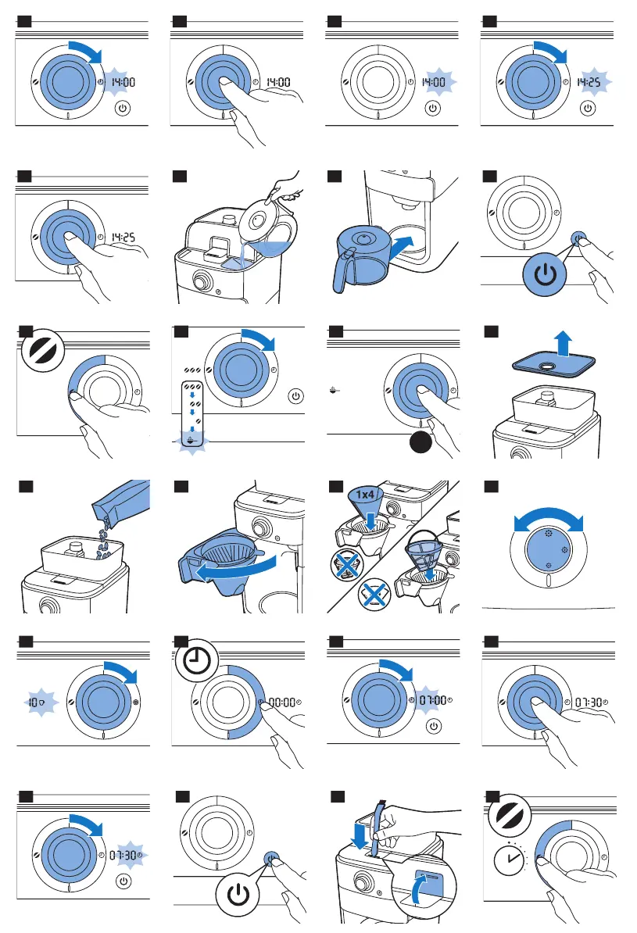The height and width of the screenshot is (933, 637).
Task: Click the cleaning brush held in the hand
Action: pos(379,828)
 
